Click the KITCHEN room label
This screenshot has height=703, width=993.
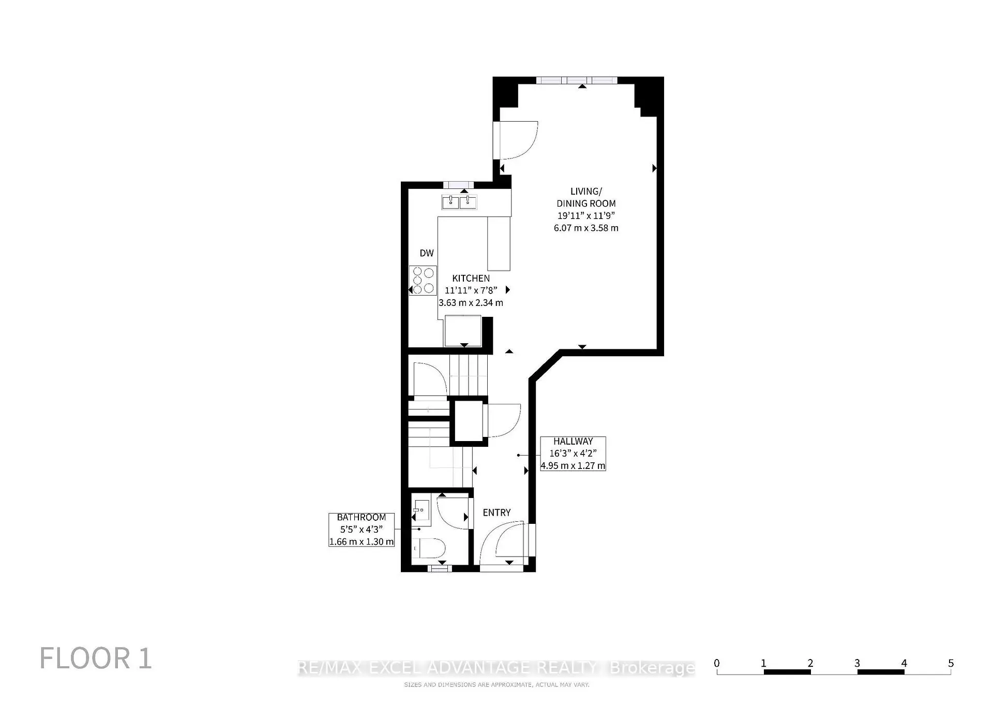471,278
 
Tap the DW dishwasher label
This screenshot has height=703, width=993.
427,253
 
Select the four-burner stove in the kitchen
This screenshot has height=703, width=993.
423,280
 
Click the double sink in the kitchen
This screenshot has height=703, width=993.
459,202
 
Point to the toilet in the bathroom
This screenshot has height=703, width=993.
429,548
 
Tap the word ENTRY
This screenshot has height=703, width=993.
496,512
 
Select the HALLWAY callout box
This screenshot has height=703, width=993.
573,453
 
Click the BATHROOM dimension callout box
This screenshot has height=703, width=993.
362,530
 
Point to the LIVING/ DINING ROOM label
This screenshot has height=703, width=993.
586,197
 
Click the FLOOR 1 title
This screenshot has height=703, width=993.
96,658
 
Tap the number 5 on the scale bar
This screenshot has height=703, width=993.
951,663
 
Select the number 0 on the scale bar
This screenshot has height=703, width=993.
716,663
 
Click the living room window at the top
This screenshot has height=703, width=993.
577,80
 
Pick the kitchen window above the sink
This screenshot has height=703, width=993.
458,185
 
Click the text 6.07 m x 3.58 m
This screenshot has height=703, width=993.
586,228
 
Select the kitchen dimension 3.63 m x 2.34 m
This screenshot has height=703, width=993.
471,303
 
